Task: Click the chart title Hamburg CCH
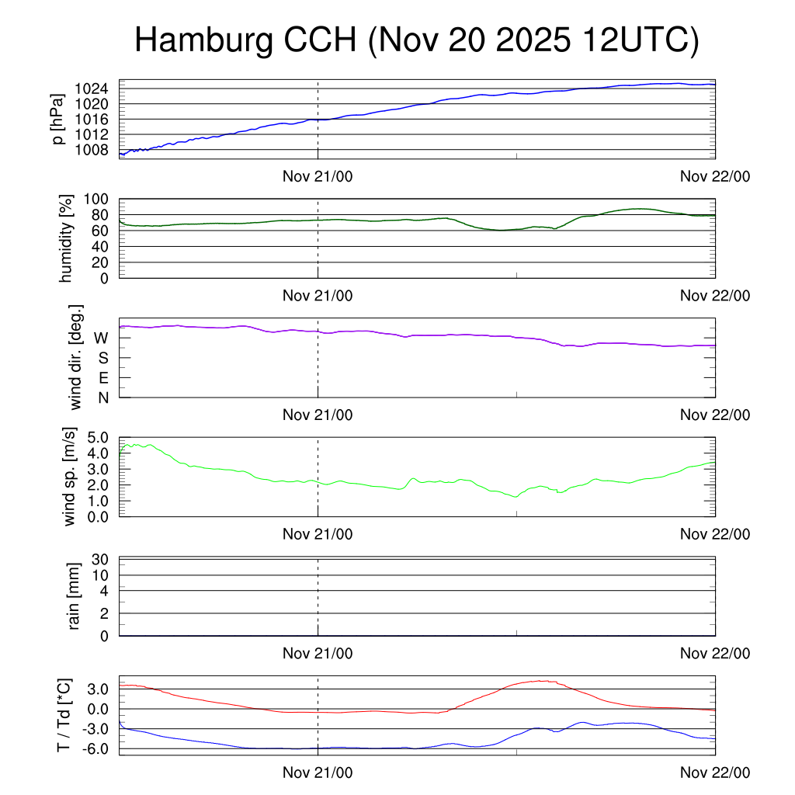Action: (416, 40)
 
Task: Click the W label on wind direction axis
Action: (101, 338)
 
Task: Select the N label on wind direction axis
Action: (102, 397)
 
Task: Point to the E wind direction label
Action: (102, 378)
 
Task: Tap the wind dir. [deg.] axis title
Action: (75, 358)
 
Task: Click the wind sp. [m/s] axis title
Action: (71, 477)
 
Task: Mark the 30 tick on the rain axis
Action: (101, 559)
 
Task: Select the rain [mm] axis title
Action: (75, 596)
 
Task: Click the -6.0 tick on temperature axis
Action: (93, 748)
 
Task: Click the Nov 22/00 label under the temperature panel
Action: (715, 772)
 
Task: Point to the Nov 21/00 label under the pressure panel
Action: (318, 176)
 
